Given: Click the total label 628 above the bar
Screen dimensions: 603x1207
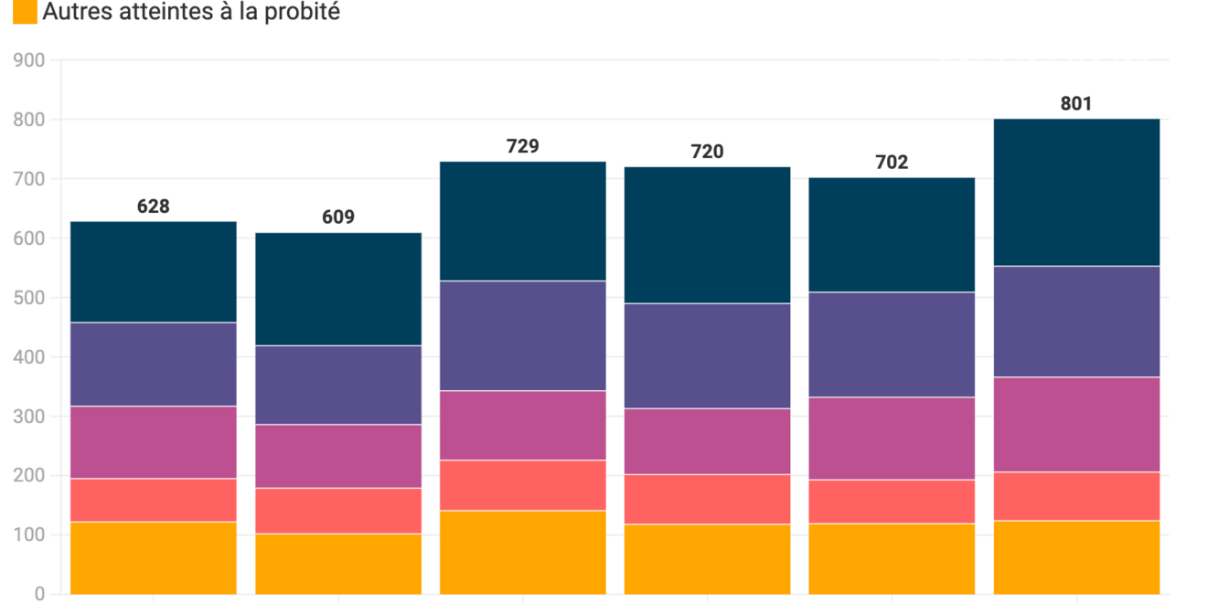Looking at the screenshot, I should point(154,206).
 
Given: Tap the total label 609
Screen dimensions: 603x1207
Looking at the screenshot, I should point(338,217).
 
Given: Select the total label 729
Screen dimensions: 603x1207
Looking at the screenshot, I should point(523,146).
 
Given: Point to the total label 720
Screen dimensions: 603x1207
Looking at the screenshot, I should point(707,152).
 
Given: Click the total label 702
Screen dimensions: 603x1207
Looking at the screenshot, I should point(892,163).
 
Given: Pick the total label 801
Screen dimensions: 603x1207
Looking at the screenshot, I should point(1076,104).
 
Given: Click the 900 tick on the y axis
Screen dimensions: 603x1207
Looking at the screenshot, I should point(29,60).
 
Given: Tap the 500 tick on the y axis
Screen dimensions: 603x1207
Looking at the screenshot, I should point(29,298).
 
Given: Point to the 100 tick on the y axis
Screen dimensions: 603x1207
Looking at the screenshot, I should point(29,535).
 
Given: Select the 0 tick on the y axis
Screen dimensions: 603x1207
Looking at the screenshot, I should point(38,594).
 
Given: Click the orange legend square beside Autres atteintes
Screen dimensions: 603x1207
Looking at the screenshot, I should point(26,12).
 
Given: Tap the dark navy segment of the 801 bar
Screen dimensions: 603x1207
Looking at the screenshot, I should point(1076,192).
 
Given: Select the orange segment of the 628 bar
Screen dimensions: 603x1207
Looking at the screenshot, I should point(154,557).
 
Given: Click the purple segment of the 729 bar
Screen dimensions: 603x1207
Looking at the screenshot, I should point(523,335).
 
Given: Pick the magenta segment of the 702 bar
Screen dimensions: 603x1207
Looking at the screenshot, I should point(892,438).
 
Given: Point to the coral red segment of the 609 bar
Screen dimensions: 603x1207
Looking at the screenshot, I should point(338,510).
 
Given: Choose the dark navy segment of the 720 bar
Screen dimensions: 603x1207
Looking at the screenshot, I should point(707,235).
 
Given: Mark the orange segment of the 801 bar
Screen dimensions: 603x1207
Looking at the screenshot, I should point(1076,556).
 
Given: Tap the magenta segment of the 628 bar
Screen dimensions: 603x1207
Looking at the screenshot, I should point(154,442).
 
